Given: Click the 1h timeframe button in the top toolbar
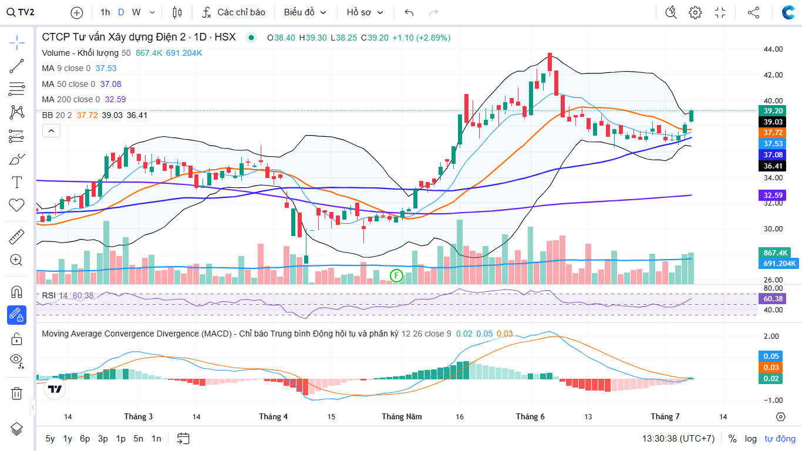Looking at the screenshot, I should [x=105, y=12].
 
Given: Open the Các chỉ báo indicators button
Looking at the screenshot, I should [x=234, y=12].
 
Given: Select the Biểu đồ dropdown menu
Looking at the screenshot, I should [x=305, y=12].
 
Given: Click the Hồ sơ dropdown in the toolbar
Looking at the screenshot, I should [x=365, y=12].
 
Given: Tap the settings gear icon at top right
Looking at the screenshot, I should [x=695, y=12].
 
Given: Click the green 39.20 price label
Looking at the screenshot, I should [x=773, y=110].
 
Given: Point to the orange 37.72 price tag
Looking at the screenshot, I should [x=773, y=133].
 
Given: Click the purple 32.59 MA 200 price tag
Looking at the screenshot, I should [x=773, y=195].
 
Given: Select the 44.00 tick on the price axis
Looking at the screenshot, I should [x=773, y=49].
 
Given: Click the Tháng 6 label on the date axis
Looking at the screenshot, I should [x=530, y=417].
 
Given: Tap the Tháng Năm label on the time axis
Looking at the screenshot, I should [x=402, y=417].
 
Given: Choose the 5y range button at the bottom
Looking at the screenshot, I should [x=50, y=439].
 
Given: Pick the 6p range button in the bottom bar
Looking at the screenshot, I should [x=85, y=439].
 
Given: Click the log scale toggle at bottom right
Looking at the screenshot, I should [x=751, y=439].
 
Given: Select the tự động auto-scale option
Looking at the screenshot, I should [x=780, y=439].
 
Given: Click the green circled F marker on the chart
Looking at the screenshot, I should [x=396, y=275].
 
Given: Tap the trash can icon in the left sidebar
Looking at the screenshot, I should [x=16, y=393].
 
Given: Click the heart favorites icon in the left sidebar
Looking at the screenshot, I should [x=16, y=205].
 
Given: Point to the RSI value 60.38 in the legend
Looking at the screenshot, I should [x=83, y=295].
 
